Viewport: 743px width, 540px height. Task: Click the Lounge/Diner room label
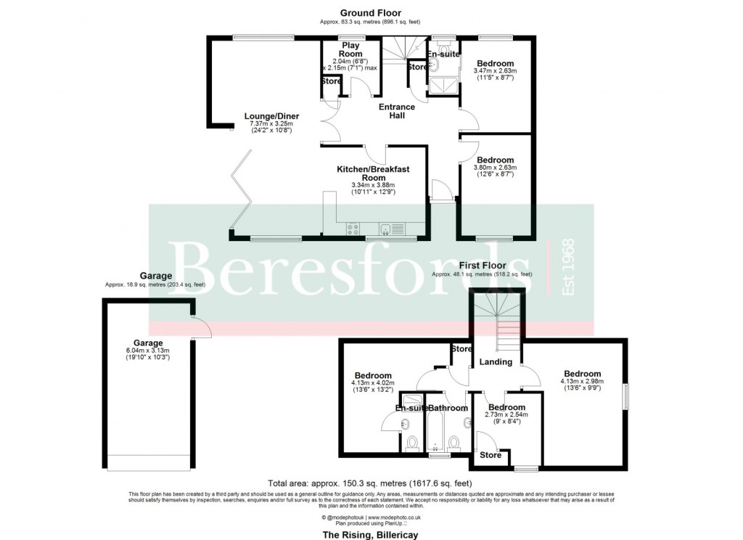[271, 116]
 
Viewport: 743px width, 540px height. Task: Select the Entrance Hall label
[397, 111]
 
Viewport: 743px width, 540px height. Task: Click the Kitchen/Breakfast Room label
[373, 173]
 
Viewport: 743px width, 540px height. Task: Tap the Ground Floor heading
[371, 13]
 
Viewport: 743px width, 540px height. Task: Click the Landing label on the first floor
[496, 361]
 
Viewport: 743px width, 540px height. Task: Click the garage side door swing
[201, 329]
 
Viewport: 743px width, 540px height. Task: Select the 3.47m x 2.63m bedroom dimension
[494, 70]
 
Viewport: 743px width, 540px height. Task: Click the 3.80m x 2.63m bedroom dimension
[494, 167]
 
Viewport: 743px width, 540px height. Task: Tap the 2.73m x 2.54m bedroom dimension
[506, 414]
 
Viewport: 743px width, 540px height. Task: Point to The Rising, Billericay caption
[370, 534]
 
